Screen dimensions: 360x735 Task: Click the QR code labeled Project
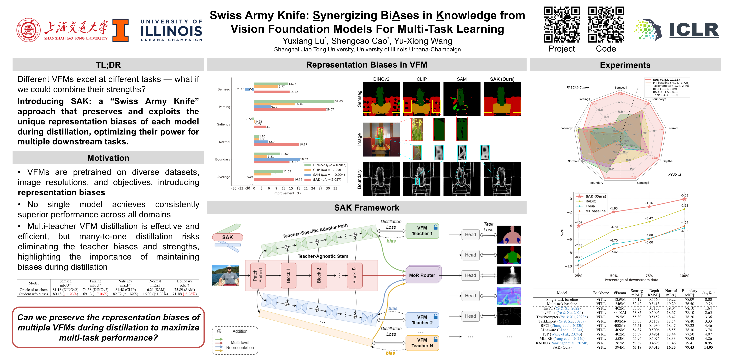pyautogui.click(x=561, y=25)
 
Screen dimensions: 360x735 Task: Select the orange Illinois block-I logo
pyautogui.click(x=120, y=30)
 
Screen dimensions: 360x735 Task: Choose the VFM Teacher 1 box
pyautogui.click(x=422, y=231)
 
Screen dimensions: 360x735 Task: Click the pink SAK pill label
pyautogui.click(x=227, y=237)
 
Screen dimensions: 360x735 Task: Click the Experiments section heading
pyautogui.click(x=625, y=65)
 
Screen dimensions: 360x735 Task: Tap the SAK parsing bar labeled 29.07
pyautogui.click(x=290, y=109)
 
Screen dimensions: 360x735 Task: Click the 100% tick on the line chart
pyautogui.click(x=684, y=276)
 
